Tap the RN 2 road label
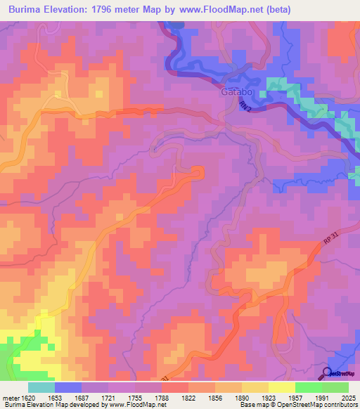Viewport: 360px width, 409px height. click(x=245, y=106)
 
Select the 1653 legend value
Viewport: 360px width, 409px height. click(x=55, y=397)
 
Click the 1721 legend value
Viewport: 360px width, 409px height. click(x=108, y=397)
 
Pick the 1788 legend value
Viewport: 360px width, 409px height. click(x=162, y=397)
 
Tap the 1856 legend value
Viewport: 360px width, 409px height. click(x=215, y=397)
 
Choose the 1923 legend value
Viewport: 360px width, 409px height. click(x=269, y=397)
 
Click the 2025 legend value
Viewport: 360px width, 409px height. click(x=349, y=397)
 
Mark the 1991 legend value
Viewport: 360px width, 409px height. click(x=322, y=397)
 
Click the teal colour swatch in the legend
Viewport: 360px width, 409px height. click(x=41, y=387)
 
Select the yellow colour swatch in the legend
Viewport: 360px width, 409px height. click(x=281, y=387)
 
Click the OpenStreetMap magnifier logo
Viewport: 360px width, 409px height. click(x=328, y=373)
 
